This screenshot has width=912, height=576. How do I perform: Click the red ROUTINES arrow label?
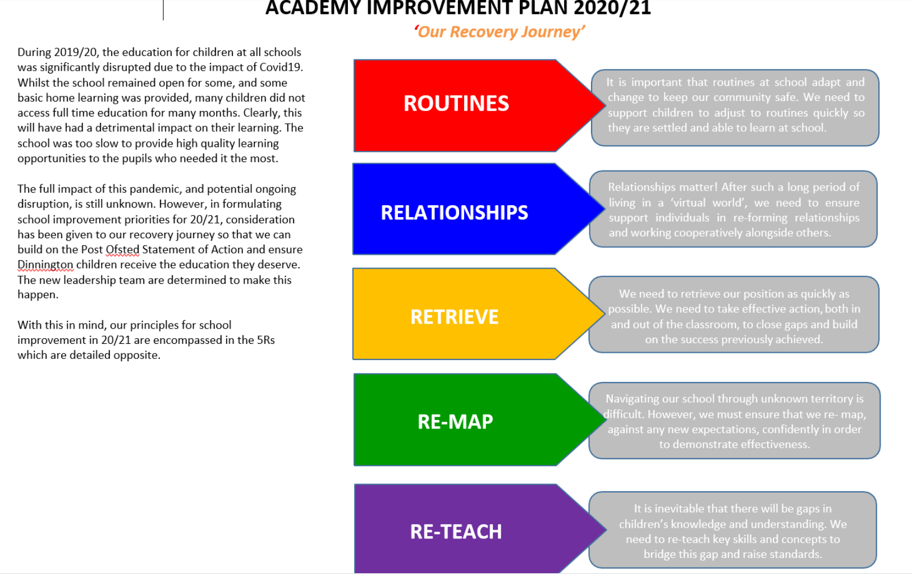point(456,103)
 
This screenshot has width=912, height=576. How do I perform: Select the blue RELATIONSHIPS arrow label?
point(455,213)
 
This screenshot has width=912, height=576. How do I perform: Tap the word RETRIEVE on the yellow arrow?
point(455,317)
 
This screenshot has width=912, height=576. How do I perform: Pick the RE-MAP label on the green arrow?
point(455,422)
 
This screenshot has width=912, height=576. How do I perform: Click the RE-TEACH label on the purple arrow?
point(456,532)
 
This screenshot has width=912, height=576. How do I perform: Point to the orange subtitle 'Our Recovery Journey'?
point(499,32)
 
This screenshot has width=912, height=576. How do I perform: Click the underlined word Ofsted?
point(122,250)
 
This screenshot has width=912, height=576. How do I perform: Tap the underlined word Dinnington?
point(45,264)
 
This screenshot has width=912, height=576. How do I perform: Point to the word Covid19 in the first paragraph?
point(281,67)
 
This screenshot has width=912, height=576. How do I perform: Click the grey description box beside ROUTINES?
point(735,108)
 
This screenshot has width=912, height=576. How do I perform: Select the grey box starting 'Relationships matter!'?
point(734,209)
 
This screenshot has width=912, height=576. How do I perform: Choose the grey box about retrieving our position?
point(734,315)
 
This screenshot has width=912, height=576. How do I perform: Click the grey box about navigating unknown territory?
point(735,421)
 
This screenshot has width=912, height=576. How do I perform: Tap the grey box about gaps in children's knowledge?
point(732,530)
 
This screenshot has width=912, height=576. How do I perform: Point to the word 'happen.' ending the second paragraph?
point(38,295)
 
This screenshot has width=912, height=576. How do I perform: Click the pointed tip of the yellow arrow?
point(604,314)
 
